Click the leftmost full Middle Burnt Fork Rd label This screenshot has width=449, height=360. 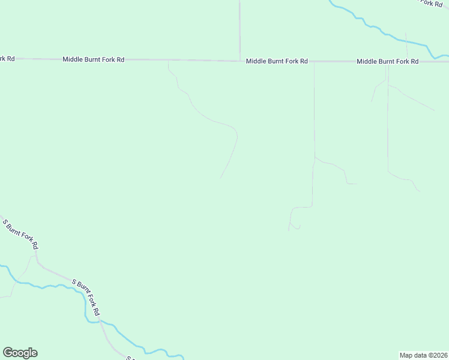coord(93,59)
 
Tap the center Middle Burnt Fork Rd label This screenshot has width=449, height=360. coord(277,61)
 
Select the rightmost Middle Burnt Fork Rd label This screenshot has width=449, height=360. coord(387,61)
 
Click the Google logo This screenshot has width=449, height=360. coord(20,353)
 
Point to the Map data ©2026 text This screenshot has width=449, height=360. coord(424,355)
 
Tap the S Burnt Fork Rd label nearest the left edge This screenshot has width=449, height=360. coord(21,234)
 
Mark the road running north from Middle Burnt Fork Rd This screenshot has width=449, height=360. coord(240,30)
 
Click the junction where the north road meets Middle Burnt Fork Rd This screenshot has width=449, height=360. coord(240,61)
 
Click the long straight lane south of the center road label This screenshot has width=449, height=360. coord(314,108)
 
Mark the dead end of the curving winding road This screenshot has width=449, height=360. coord(220,178)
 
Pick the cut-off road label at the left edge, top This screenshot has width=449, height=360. coord(7,58)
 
